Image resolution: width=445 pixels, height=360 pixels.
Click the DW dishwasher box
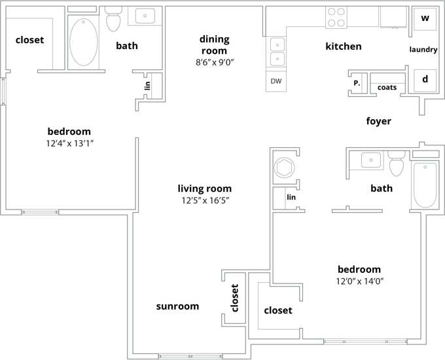tap(276, 81)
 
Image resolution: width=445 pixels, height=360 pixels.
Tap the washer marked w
tap(424, 18)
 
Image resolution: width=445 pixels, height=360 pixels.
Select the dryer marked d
tap(424, 79)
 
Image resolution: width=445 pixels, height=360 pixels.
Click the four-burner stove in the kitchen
tap(336, 18)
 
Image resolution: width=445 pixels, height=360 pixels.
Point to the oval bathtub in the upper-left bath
tap(83, 42)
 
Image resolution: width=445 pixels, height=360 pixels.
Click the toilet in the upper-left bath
tap(114, 20)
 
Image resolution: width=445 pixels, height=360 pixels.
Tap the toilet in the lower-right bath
tap(397, 164)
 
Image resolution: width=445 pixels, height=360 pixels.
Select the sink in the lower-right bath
tap(371, 159)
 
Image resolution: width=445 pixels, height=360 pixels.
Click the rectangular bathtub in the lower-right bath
tap(425, 185)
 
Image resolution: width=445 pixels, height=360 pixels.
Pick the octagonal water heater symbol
tap(285, 166)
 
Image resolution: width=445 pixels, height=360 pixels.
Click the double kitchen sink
tap(276, 52)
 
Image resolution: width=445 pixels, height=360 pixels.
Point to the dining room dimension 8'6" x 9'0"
tap(214, 62)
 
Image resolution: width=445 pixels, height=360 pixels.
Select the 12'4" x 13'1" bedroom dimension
tap(69, 143)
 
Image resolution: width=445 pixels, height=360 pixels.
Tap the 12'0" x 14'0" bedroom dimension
tap(359, 281)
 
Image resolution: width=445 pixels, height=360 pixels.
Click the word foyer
tap(378, 121)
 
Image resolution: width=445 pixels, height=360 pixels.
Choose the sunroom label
tap(177, 306)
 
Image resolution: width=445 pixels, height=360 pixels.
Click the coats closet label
tap(387, 87)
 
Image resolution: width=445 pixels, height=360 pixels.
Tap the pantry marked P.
tap(357, 83)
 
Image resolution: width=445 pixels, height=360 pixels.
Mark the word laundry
tap(423, 50)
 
